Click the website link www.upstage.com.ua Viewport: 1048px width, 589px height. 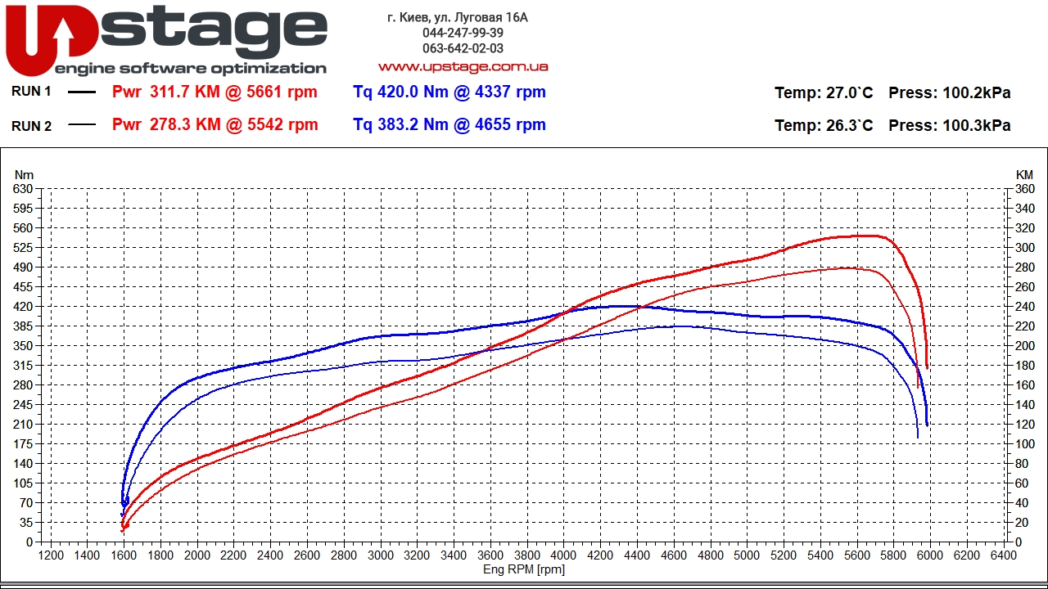[463, 66]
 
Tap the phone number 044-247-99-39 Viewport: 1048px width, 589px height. [463, 33]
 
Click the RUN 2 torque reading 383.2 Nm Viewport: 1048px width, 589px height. [449, 124]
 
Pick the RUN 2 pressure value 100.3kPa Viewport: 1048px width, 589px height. [950, 125]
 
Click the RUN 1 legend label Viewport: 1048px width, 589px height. [31, 92]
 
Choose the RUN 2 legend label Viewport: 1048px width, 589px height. [31, 126]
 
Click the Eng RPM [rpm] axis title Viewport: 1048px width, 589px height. [524, 569]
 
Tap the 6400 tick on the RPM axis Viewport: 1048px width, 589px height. [1004, 555]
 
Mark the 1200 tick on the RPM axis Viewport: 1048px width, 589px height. [51, 555]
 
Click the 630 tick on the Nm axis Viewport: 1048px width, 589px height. [24, 189]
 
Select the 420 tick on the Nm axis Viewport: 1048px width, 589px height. [24, 307]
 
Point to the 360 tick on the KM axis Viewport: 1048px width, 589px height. [1024, 189]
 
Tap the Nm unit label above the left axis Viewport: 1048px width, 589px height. [24, 174]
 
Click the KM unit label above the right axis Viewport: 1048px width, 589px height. [1024, 174]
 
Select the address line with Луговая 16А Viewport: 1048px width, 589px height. [458, 17]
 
